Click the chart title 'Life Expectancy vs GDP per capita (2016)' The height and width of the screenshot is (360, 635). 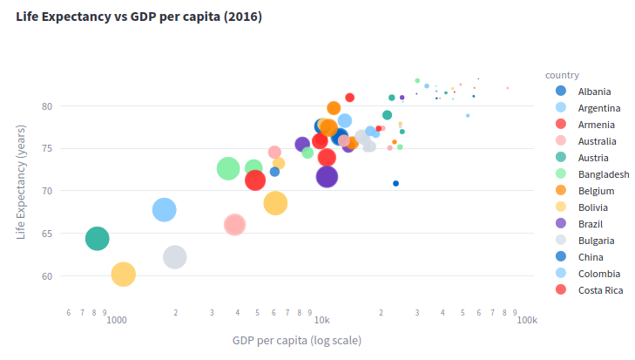coord(138,17)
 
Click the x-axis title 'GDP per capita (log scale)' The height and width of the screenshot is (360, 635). coord(296,340)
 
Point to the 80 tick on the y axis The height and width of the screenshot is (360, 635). coord(46,106)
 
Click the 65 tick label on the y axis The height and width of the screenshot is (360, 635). coord(46,234)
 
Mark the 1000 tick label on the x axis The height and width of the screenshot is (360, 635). coord(117,320)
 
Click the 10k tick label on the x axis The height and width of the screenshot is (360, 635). coord(321,320)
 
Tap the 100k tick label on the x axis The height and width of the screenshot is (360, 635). coord(527,320)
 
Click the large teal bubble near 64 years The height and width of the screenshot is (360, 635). coord(98,238)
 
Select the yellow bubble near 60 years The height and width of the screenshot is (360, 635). coord(124,275)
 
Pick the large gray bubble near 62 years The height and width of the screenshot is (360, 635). coord(175,257)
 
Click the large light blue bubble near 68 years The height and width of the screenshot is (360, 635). coord(165,209)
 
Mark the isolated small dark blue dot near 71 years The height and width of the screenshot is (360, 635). coord(395,183)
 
